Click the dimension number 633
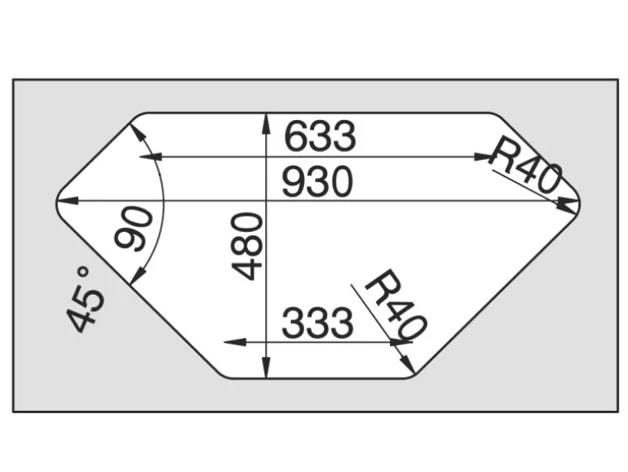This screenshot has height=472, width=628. [x=320, y=136]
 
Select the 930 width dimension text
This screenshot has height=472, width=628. [x=317, y=182]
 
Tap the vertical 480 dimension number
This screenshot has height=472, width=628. [x=247, y=246]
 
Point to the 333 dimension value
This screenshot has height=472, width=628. [x=317, y=323]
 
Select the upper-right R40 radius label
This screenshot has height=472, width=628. [x=524, y=165]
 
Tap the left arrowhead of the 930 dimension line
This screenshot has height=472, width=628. [x=67, y=200]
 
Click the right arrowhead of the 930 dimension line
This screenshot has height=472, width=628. [x=568, y=201]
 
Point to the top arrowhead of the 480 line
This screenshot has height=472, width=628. [x=265, y=124]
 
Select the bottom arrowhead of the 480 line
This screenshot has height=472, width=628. [x=265, y=367]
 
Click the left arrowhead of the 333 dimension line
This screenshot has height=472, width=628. [x=235, y=342]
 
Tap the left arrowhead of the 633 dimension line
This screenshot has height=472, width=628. [x=150, y=157]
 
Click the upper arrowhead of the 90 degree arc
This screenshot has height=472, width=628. [x=137, y=133]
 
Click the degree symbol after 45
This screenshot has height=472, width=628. [x=83, y=273]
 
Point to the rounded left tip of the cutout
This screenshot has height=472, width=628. [x=56, y=203]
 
